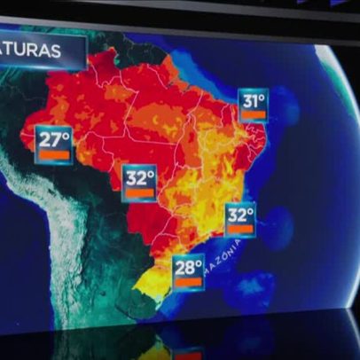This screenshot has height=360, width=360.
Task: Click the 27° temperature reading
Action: pos(52,140)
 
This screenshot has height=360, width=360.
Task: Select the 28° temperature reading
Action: pos(189,266)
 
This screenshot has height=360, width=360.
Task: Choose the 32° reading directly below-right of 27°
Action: pos(139,177)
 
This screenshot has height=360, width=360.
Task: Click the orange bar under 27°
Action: pos(53,156)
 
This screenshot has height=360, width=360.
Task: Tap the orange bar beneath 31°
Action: pos(254,114)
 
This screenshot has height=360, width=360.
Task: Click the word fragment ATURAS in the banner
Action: pos(32,51)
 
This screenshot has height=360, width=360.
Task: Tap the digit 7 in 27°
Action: pos(58,140)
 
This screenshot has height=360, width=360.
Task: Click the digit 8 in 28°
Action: pos(192,266)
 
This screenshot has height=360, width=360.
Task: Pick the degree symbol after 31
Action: pos(264,96)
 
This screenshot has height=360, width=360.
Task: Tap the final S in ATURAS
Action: pos(56,51)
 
